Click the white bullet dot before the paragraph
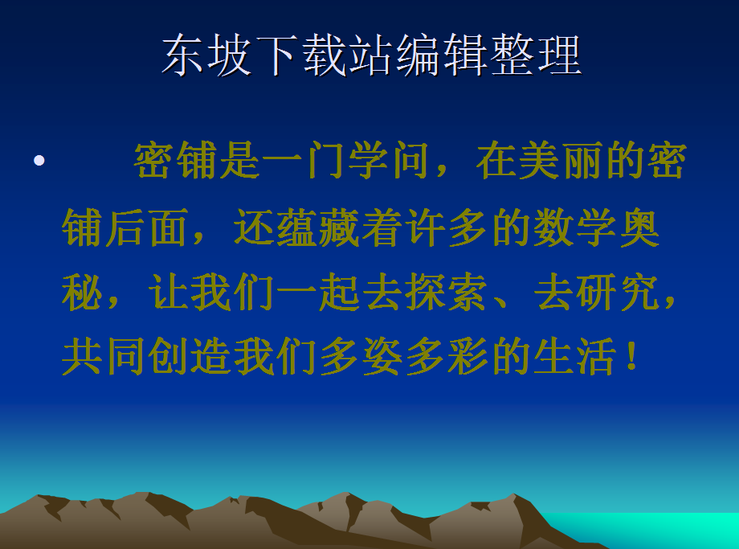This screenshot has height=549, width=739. click(x=39, y=161)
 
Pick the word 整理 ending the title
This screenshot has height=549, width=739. click(x=536, y=55)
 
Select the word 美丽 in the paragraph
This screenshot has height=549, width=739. click(x=561, y=161)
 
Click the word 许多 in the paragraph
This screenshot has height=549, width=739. click(x=445, y=227)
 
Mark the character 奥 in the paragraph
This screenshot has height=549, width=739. click(x=639, y=227)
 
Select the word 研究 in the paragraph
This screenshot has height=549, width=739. click(x=617, y=292)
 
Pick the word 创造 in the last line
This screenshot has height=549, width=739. click(x=188, y=356)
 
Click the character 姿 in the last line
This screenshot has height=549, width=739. click(x=382, y=356)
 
